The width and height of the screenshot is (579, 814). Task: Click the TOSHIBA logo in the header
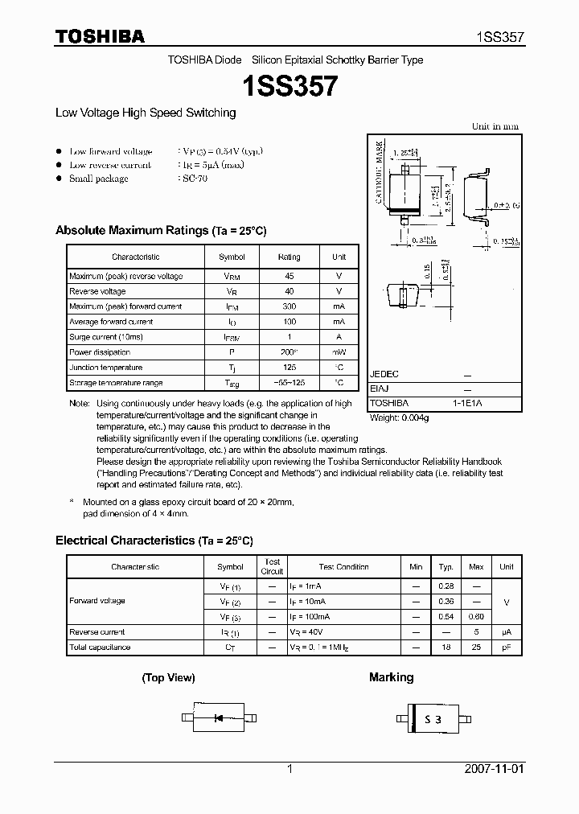click(x=100, y=36)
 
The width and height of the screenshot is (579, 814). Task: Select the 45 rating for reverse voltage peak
click(x=289, y=276)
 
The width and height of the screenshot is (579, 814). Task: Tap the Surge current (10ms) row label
click(x=106, y=337)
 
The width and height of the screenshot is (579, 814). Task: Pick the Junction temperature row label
click(x=107, y=368)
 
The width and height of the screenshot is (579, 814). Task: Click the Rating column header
click(x=289, y=257)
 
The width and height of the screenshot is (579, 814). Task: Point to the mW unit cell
click(x=339, y=352)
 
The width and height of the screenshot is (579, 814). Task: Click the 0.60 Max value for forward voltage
click(x=476, y=617)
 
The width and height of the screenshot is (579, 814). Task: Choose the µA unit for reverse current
click(x=506, y=632)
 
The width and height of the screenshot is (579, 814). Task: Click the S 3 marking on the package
click(x=433, y=720)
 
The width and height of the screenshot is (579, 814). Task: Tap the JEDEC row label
click(x=384, y=374)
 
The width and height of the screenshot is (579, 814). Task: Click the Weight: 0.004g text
click(x=400, y=418)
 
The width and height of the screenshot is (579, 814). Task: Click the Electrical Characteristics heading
click(x=125, y=541)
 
